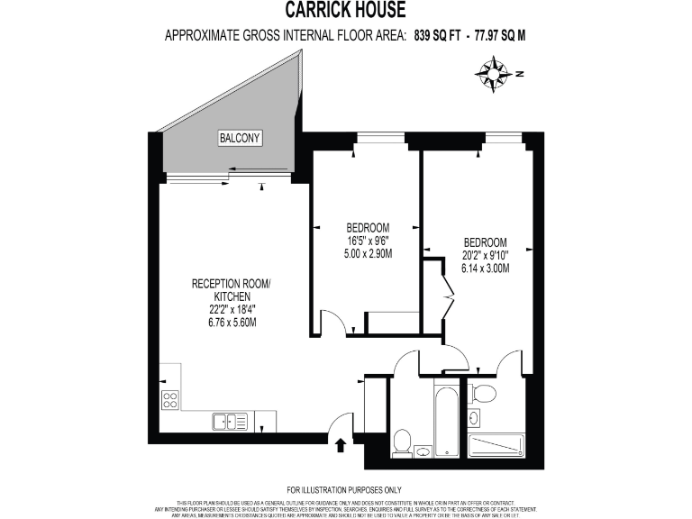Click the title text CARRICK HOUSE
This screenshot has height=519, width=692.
tap(346, 11)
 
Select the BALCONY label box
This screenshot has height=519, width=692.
tap(240, 139)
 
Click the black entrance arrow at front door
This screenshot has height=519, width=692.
tap(341, 444)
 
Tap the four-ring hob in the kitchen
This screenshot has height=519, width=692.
tap(169, 399)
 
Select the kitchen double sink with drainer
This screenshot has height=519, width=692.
tap(232, 421)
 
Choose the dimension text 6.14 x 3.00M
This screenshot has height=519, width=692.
tap(485, 269)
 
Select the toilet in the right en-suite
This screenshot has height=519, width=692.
tap(484, 393)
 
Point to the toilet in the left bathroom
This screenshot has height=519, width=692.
tap(403, 442)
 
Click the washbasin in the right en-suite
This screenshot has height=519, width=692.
tap(474, 416)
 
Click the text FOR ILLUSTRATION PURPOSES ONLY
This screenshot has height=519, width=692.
tap(346, 487)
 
